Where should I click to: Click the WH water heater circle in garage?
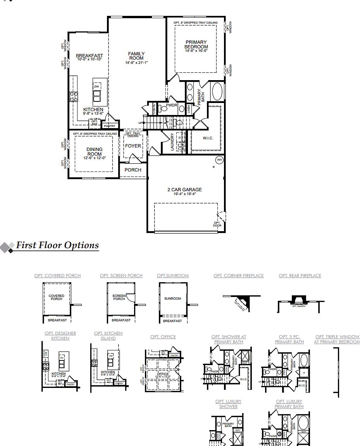219,160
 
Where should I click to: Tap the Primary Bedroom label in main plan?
196,45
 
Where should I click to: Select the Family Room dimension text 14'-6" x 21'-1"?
136,63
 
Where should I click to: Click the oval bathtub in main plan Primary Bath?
217,92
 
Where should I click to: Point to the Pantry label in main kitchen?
110,126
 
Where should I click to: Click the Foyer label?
133,146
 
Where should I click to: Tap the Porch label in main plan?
133,170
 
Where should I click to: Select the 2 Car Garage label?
184,190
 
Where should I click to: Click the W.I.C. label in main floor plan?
208,138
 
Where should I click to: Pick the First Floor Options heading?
57,245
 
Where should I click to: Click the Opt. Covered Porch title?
57,276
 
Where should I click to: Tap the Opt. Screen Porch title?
121,276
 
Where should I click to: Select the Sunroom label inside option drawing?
172,298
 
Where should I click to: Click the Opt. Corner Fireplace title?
238,276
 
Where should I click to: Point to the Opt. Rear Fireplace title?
300,276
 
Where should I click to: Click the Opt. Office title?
163,337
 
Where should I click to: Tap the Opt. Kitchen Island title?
108,336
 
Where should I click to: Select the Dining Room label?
95,151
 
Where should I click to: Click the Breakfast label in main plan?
90,56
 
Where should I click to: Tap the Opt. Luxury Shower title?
229,404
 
